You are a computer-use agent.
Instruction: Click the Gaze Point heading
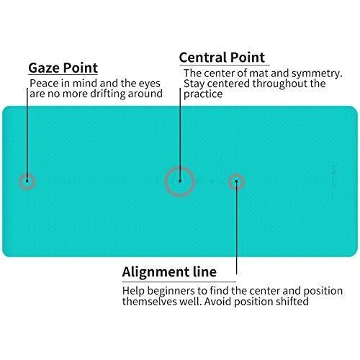point(63,68)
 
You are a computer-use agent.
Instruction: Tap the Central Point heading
point(222,58)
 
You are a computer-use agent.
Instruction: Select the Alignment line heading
point(169,272)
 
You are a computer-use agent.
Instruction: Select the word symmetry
point(317,73)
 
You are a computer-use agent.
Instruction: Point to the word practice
point(203,94)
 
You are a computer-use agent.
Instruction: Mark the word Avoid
point(218,302)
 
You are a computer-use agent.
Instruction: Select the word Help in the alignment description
point(133,291)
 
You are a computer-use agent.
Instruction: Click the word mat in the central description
point(259,73)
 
